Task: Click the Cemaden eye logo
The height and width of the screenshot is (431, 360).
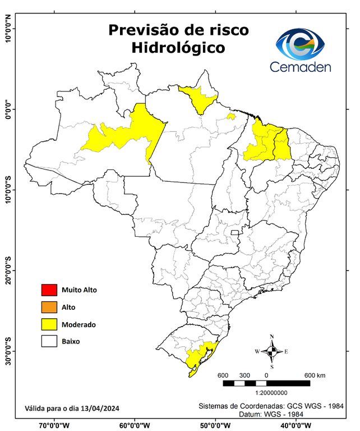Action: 303,44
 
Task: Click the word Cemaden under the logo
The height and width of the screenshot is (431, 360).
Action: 301,67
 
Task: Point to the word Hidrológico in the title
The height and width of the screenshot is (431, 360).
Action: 178,48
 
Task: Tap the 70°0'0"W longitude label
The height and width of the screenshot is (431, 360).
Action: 54,425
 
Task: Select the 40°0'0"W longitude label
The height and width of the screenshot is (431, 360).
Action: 297,425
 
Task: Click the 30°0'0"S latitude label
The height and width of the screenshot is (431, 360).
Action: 8,351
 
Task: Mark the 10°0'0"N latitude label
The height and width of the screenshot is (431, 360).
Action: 8,28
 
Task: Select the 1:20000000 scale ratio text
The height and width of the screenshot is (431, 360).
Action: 271,394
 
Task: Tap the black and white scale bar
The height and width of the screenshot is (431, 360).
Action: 266,383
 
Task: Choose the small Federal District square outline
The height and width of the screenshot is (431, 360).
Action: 235,231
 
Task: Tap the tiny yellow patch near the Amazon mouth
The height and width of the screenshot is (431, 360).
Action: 230,116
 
